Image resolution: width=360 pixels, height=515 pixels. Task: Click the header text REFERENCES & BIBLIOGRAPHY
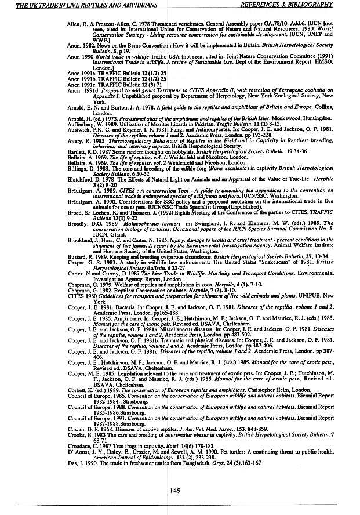pyautogui.click(x=296, y=4)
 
